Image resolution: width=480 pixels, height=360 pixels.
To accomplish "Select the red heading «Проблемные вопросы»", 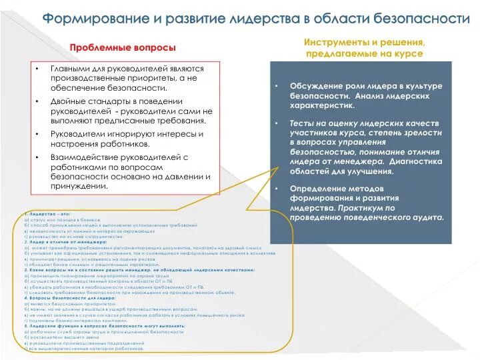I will click(123, 48).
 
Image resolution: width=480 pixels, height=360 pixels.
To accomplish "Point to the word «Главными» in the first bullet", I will click(71, 69).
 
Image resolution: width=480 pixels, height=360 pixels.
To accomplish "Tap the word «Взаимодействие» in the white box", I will click(87, 156).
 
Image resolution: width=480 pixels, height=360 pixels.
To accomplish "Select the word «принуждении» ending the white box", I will click(79, 186).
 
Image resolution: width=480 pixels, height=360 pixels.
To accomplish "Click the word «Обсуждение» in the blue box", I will click(315, 87).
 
